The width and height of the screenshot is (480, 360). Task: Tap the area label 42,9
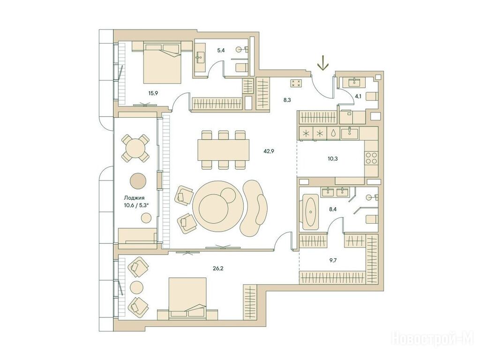pyautogui.click(x=268, y=150)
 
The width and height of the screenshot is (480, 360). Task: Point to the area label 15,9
pyautogui.click(x=153, y=93)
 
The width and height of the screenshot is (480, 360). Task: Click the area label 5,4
pyautogui.click(x=221, y=50)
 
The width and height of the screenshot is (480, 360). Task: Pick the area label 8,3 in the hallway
pyautogui.click(x=287, y=99)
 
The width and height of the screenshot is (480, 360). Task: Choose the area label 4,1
pyautogui.click(x=358, y=96)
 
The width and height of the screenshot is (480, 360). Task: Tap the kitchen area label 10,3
pyautogui.click(x=332, y=158)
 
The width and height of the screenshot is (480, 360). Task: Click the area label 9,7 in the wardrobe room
pyautogui.click(x=333, y=262)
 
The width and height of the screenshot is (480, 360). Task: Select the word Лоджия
pyautogui.click(x=134, y=198)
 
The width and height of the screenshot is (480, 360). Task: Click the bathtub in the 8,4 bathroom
pyautogui.click(x=311, y=211)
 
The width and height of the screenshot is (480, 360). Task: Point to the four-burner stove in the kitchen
pyautogui.click(x=371, y=158)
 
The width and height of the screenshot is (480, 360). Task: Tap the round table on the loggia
pyautogui.click(x=135, y=149)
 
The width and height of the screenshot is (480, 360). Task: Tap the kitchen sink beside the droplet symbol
pyautogui.click(x=349, y=133)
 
